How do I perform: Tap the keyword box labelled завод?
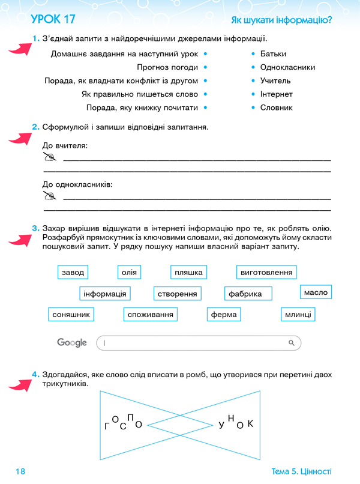coord(73,273)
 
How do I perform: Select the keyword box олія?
coord(129,273)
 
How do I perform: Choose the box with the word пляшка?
coord(188,273)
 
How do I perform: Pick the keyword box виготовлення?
coord(266,273)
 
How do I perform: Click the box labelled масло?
coord(316,292)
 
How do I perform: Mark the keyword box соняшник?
coord(71,314)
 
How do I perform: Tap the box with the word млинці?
coord(298,314)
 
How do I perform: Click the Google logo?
coord(72,342)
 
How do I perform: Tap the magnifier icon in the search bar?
coord(292,343)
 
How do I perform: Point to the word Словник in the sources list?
coord(277,107)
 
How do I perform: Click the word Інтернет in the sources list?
coord(277,94)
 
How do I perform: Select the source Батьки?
coord(274,54)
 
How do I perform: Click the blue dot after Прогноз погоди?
coord(206,67)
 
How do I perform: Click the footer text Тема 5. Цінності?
coord(301,472)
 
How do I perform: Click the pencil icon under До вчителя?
coord(50,157)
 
